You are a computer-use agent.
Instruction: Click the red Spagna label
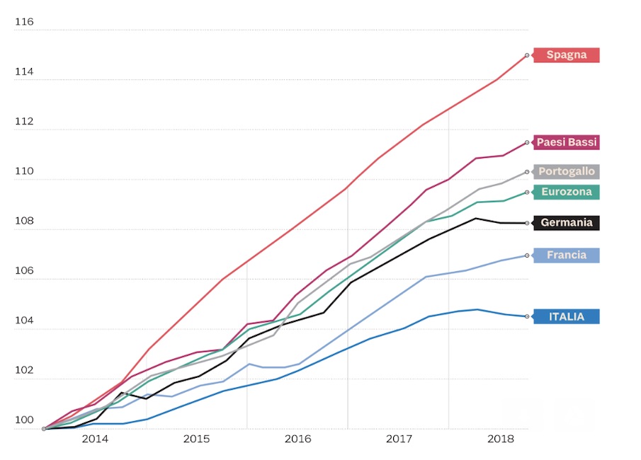[566, 55]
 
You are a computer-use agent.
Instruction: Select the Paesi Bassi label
[566, 142]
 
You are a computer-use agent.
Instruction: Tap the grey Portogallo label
[566, 171]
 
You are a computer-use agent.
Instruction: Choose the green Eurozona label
[566, 192]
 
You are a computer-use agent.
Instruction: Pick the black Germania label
[566, 223]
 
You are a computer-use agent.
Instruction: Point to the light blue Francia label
[566, 255]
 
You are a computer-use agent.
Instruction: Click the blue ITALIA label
[566, 316]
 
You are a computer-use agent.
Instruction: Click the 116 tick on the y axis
[24, 23]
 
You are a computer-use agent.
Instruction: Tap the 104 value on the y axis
[24, 321]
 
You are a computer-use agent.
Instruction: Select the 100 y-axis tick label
[24, 420]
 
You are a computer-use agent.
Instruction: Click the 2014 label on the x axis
[95, 439]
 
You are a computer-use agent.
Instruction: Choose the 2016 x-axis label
[297, 439]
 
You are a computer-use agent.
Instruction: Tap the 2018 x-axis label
[500, 439]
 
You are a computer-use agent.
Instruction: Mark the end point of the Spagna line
[527, 54]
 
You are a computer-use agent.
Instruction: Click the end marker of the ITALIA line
[527, 316]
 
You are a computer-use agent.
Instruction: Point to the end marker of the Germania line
[527, 223]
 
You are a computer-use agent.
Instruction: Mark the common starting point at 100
[44, 428]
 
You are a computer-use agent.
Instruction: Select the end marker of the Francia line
[527, 255]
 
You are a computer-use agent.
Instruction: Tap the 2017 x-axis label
[399, 439]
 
